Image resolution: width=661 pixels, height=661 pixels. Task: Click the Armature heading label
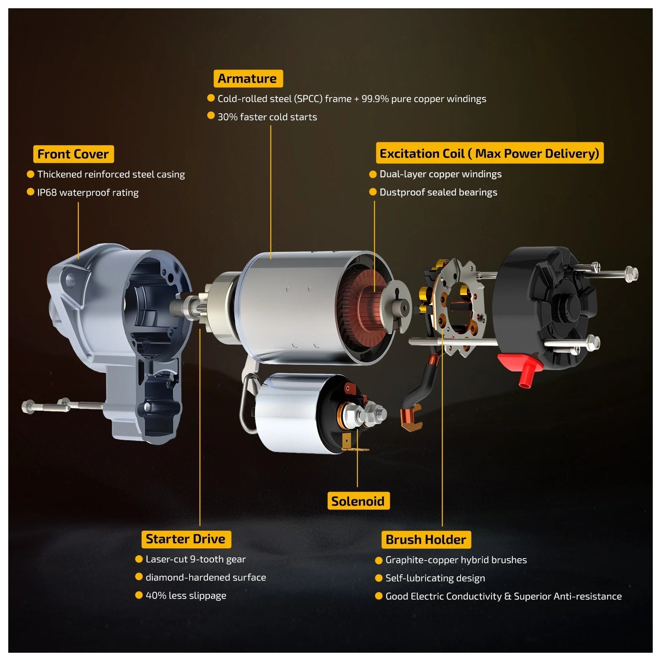(x=248, y=78)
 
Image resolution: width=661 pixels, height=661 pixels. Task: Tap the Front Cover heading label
(x=73, y=154)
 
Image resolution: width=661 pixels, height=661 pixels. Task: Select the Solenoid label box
(x=358, y=501)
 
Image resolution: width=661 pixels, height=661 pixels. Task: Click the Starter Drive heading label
(x=185, y=539)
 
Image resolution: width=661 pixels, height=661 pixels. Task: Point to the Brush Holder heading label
(x=426, y=540)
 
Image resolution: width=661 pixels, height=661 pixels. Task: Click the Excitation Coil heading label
(x=490, y=153)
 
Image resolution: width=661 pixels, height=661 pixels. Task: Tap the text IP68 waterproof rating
(x=88, y=193)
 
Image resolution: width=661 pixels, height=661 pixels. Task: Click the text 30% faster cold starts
(x=267, y=117)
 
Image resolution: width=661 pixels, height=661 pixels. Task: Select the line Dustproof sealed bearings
(x=438, y=192)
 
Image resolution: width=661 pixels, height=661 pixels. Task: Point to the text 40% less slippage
(x=186, y=596)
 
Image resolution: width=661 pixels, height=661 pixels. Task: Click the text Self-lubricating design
(x=435, y=578)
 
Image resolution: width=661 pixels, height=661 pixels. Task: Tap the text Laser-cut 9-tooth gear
(x=195, y=559)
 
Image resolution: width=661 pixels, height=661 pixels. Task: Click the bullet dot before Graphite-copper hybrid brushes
(x=378, y=560)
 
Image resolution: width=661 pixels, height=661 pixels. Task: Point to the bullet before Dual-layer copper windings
(x=373, y=174)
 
